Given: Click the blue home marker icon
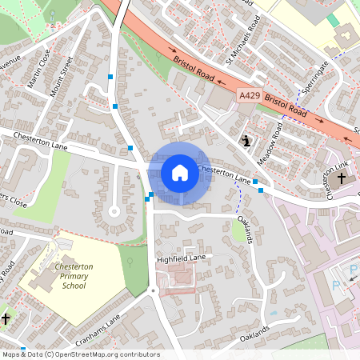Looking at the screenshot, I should (179, 172).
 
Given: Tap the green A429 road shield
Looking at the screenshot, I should (250, 94).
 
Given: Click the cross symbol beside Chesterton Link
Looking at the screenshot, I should (342, 177).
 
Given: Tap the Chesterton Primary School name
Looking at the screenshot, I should (73, 276).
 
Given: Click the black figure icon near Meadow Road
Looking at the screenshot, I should (246, 141).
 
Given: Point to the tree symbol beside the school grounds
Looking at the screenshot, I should (131, 261).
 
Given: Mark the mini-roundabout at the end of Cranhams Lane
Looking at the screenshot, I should (153, 290).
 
